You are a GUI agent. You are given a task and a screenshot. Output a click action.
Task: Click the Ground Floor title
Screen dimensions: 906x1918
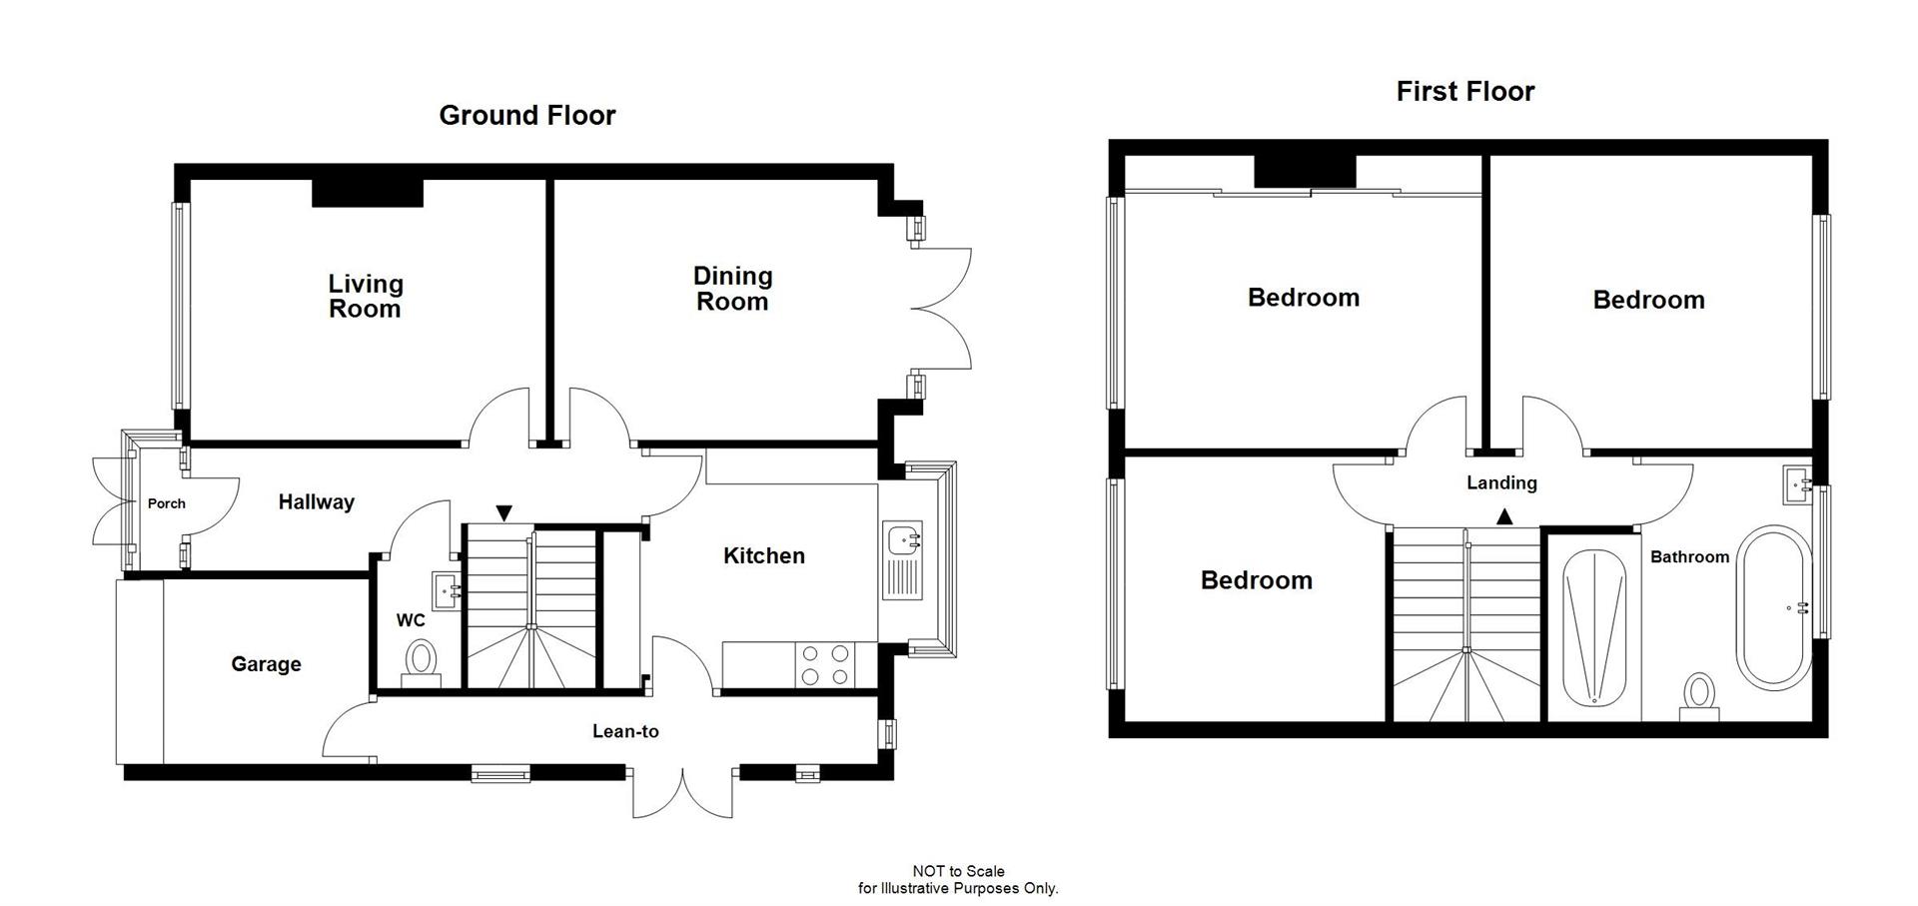coord(526,116)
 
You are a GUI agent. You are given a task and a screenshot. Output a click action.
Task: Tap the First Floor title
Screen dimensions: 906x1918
coord(1464,92)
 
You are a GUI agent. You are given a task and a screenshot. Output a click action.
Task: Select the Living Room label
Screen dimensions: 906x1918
coord(365,296)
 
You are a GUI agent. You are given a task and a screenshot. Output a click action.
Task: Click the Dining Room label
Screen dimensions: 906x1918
coord(732,289)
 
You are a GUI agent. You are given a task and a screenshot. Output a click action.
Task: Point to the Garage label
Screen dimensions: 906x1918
coord(266,664)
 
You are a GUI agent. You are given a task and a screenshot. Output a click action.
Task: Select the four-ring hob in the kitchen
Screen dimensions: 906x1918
coord(825,665)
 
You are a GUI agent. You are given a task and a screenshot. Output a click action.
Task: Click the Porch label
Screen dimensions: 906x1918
coord(166,503)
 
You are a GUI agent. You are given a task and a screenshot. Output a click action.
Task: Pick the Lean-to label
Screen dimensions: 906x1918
coord(625,731)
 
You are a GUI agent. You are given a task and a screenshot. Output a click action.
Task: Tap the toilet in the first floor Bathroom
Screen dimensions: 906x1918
coord(1698,696)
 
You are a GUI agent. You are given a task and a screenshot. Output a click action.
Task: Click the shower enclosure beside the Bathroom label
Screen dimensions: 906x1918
coord(1595,627)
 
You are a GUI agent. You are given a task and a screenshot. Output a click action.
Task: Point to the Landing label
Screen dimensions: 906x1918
coord(1501,482)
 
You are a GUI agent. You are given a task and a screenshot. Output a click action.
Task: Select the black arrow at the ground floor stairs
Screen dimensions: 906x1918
coord(504,513)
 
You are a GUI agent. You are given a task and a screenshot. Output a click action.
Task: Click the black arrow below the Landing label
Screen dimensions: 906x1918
coord(1503,516)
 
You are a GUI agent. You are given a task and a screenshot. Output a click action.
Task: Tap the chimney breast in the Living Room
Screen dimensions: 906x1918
coord(368,193)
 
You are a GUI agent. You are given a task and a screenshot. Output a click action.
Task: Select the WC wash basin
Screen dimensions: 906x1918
coord(446,587)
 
